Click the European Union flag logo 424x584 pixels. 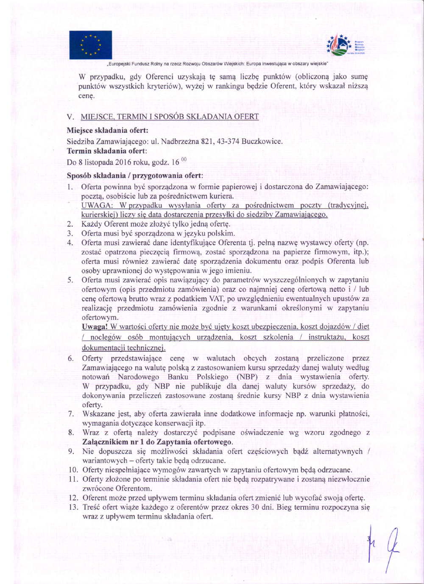90,45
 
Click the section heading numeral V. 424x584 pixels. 70,117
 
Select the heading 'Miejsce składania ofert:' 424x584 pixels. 107,130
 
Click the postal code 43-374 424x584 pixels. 228,141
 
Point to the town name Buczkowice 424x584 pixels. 262,141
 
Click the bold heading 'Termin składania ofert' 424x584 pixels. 106,151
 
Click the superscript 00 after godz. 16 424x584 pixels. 184,159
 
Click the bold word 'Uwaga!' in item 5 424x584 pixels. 95,327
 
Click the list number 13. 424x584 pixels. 73,507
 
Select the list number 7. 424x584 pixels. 71,414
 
